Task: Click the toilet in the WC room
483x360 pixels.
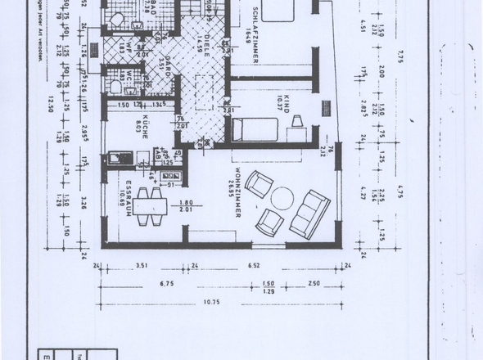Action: [x=117, y=86]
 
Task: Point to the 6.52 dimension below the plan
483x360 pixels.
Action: [x=253, y=266]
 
